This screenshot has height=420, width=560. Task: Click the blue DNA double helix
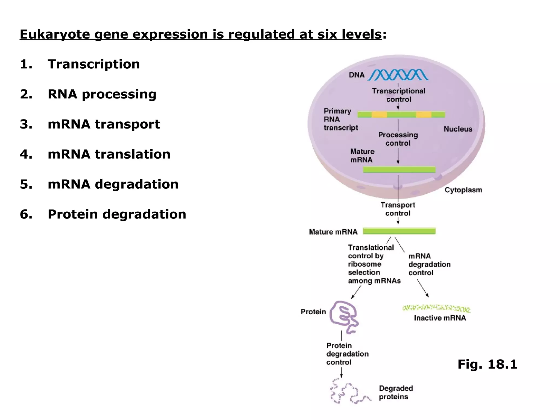point(398,75)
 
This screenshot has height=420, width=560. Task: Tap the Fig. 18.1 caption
point(487,364)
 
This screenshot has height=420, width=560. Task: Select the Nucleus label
point(458,129)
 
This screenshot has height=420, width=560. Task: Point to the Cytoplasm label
point(463,190)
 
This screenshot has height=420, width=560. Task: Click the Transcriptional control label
point(398,95)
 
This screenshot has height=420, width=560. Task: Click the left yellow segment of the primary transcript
point(379,114)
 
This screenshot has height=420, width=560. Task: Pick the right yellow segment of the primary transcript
point(424,114)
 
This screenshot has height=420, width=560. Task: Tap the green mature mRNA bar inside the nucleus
point(399,170)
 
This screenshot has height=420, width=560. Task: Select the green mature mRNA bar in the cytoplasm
point(399,231)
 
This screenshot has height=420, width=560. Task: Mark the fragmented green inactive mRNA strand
point(436,308)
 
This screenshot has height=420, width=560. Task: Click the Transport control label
point(398,209)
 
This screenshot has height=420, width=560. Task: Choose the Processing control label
point(398,139)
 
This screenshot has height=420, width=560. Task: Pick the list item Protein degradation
point(117,214)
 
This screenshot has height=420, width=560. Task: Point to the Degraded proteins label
point(395,392)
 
